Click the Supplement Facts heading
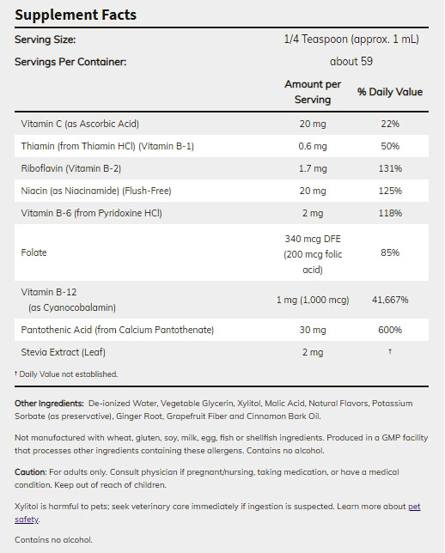coord(76,15)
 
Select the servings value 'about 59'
coord(351,61)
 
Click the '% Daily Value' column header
coord(390,92)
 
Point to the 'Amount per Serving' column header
coord(313,92)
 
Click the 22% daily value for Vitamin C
coord(390,124)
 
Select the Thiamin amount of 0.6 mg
coord(313,146)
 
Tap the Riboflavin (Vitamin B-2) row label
coord(71,168)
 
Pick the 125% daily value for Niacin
coord(390,191)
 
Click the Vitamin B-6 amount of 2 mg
coord(313,213)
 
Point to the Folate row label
coord(34,252)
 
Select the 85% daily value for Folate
coord(390,252)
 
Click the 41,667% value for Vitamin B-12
coord(390,300)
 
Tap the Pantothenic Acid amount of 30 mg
coord(313,330)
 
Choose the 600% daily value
coord(390,330)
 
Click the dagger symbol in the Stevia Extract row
coord(390,351)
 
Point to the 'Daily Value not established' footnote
coord(66,374)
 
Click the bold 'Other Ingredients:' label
coord(49,403)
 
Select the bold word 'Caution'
coord(30,472)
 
